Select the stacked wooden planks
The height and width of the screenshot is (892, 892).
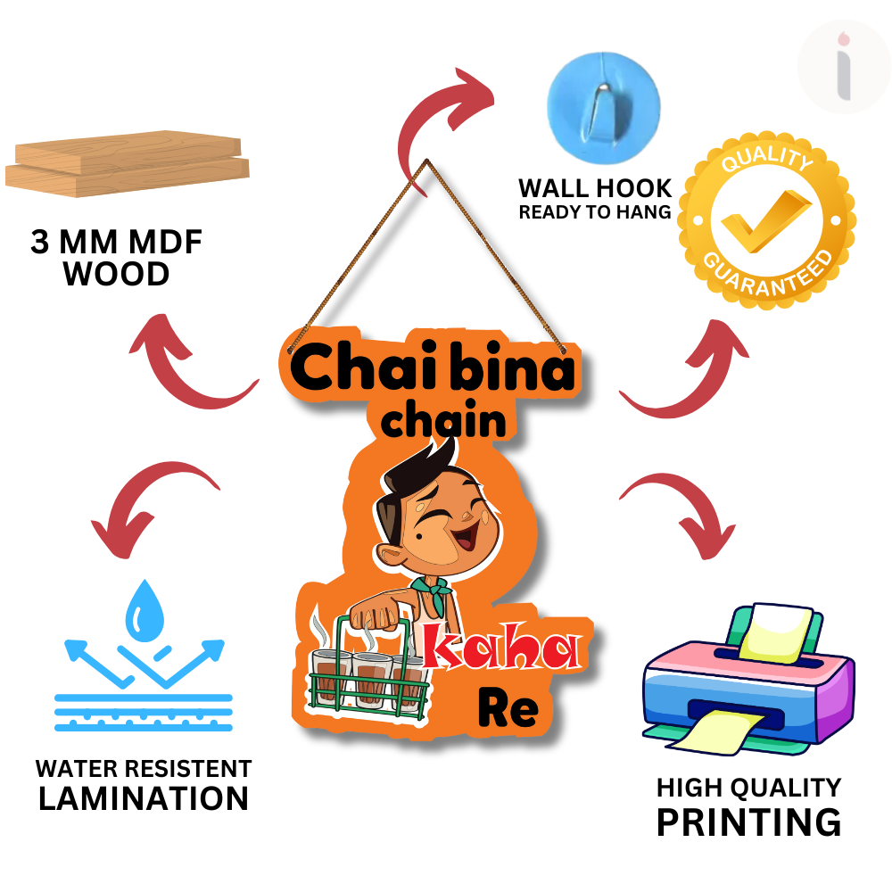click(x=128, y=169)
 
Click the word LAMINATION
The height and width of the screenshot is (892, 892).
click(x=144, y=798)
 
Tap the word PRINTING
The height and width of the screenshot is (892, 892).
click(x=748, y=822)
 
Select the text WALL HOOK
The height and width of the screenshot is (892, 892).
click(x=595, y=189)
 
